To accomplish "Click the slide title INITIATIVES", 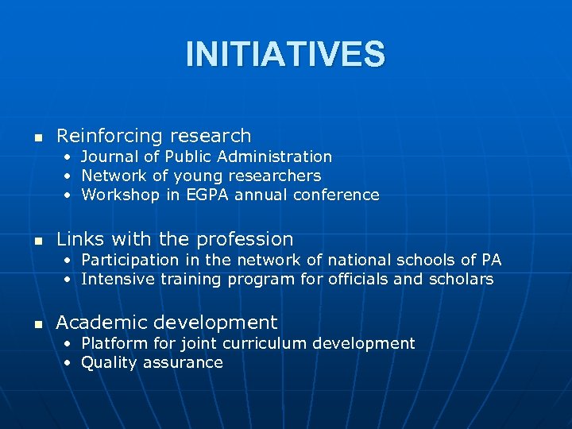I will tap(285, 55).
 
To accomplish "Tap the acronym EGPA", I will tap(207, 195).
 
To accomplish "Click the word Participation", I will tap(130, 260).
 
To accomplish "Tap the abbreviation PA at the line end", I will tap(491, 260).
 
